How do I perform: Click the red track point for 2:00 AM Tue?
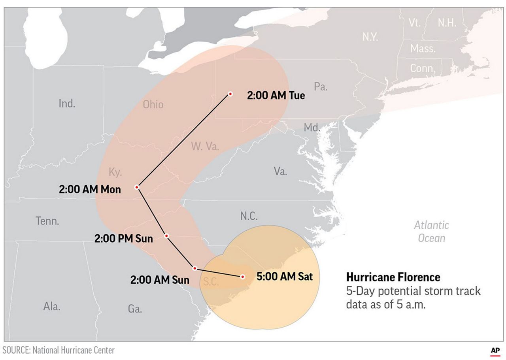point(230,94)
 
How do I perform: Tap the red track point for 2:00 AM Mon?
point(137,187)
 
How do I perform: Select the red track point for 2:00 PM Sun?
point(166,236)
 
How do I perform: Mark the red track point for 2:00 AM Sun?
point(194,268)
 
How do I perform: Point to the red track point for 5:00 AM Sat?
point(243,277)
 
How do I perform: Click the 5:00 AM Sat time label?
point(284,277)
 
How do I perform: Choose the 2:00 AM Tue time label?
point(276,96)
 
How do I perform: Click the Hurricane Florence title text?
point(393,277)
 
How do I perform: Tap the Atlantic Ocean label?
point(431,232)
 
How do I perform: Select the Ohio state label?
point(153,105)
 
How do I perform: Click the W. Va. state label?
point(205,147)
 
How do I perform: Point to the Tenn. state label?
point(47,221)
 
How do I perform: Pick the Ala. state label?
point(52,306)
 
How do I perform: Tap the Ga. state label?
point(135,309)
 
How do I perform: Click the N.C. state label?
point(249,216)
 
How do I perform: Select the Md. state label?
point(312,128)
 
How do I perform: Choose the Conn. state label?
point(422,68)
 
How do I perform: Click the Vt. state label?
point(414,23)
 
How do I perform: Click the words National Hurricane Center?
point(74,350)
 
